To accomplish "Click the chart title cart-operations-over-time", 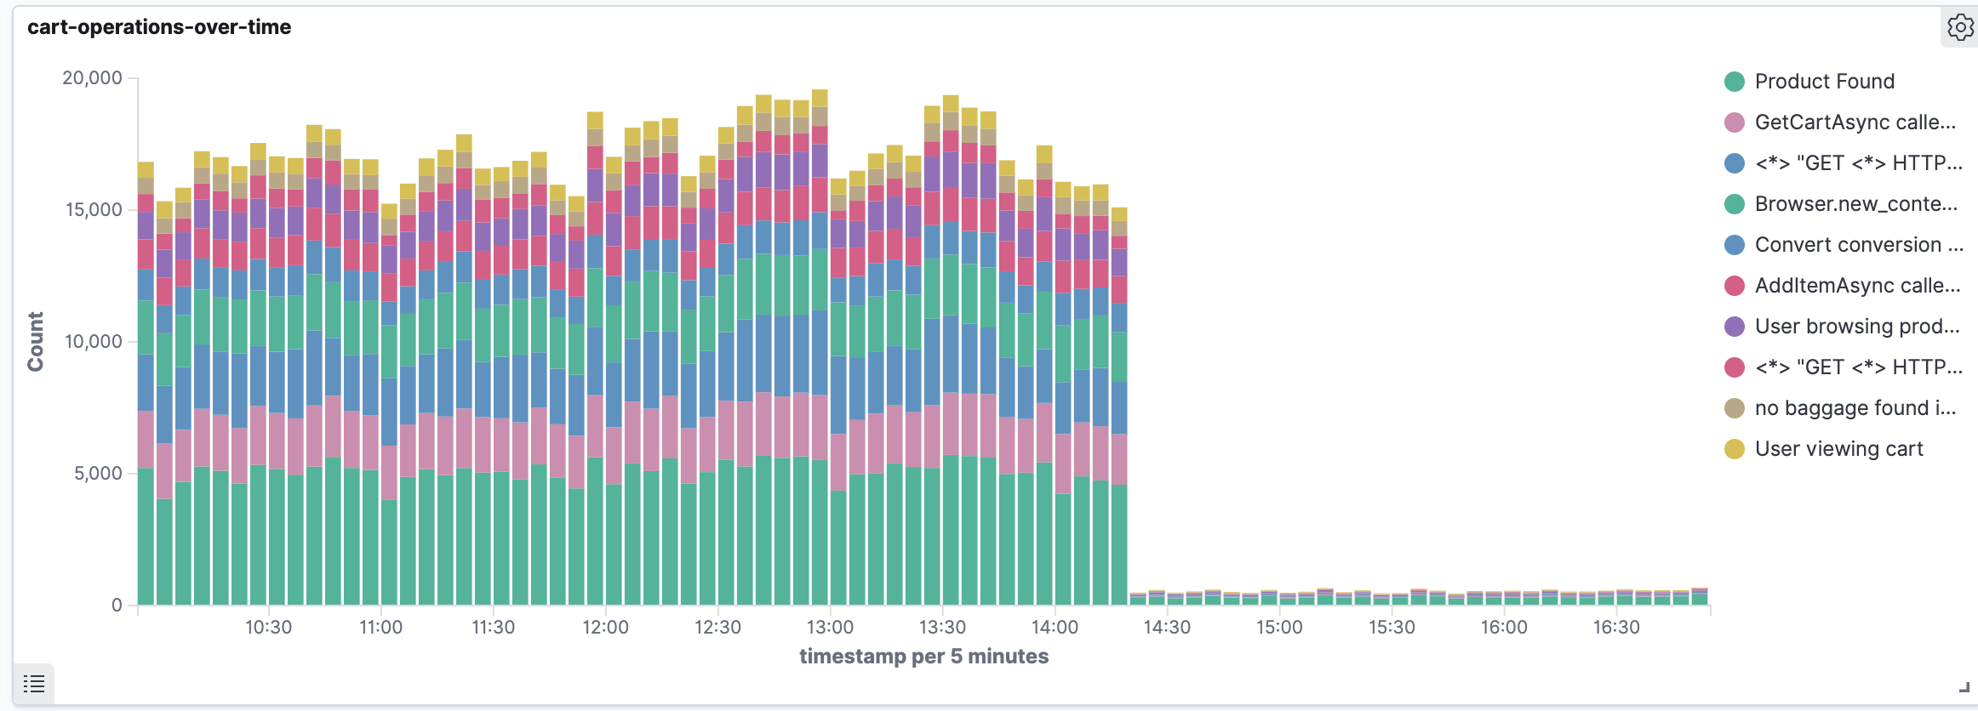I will coord(159,27).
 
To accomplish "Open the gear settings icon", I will coord(1960,27).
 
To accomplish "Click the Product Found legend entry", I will coord(1824,82).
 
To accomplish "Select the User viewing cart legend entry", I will coord(1838,449).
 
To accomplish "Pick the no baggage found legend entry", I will coord(1855,408).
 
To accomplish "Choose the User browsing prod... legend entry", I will coord(1856,327).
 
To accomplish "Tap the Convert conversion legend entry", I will coord(1858,245).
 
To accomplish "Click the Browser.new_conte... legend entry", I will coord(1855,204).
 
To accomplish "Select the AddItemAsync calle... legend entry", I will coord(1857,286).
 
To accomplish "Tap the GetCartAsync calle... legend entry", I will coord(1855,122).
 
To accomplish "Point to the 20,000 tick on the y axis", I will coord(92,78).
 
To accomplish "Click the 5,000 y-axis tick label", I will coord(98,474).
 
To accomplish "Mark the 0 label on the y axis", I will coord(117,606).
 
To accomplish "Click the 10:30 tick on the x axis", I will coord(268,628).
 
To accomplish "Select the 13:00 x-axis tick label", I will coord(830,628).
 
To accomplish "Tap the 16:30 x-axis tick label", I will coord(1616,628).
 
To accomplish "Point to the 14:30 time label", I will coord(1167,628).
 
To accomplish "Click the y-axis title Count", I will coord(36,341).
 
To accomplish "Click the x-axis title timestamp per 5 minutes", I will coord(923,657).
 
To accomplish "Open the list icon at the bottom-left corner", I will coord(34,683).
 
